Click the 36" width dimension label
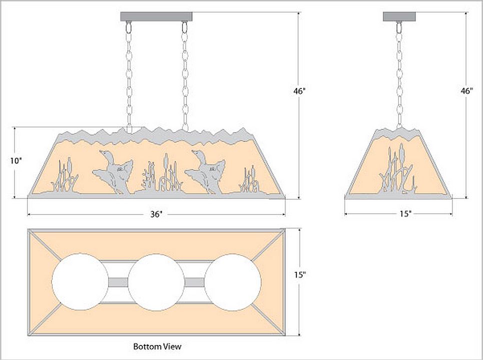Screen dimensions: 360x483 156,214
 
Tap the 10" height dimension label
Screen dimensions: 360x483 16,161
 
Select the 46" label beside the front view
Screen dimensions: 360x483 300,91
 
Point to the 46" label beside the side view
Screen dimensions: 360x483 466,91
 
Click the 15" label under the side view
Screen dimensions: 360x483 405,214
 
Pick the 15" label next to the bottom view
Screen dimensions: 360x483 300,275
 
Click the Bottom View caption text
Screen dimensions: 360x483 157,346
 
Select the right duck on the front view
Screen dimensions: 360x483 206,171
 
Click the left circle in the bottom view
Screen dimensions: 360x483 80,282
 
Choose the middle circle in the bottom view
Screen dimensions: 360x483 156,282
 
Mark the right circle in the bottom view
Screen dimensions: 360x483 233,282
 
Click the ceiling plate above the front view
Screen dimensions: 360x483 156,16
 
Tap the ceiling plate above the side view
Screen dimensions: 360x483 399,16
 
